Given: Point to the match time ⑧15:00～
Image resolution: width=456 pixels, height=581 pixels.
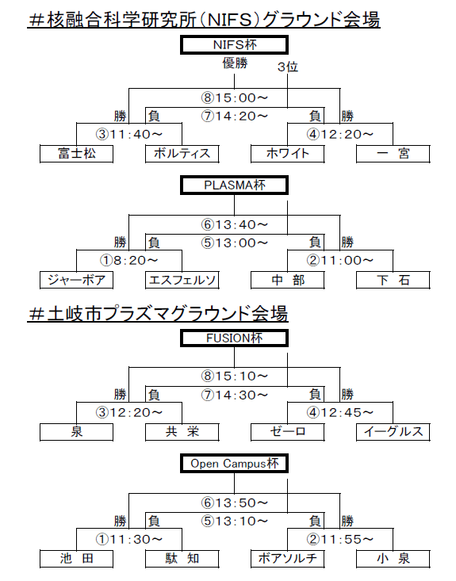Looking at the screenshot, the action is click(x=234, y=97).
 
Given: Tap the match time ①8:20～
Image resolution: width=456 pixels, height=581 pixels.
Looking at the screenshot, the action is click(x=129, y=261).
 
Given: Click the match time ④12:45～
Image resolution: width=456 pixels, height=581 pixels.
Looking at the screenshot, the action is click(x=340, y=412).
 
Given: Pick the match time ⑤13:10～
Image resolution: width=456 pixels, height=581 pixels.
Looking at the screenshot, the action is click(x=234, y=522).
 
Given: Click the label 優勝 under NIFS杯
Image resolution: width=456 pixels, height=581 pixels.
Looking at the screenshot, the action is click(x=235, y=63).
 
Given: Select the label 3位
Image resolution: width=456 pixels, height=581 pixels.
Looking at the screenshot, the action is click(x=288, y=67).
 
